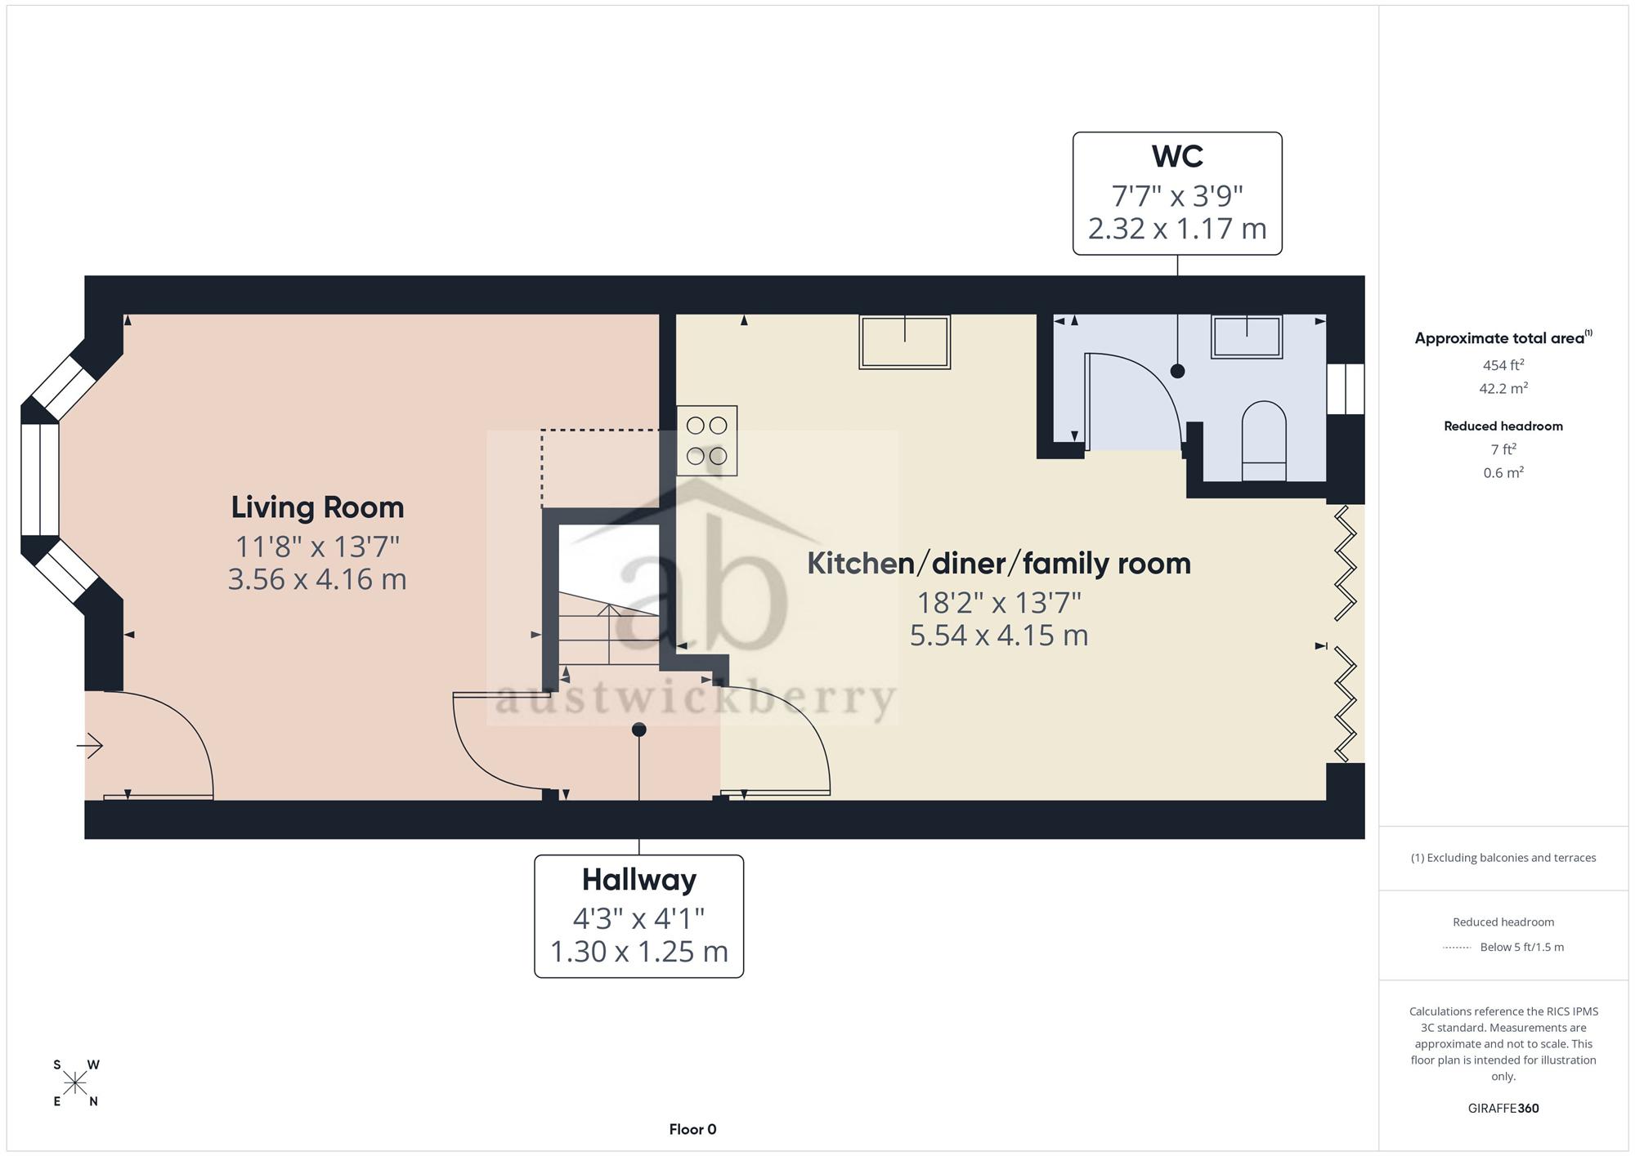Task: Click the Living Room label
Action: tap(317, 507)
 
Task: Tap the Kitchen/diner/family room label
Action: tap(999, 563)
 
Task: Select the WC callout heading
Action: tap(1177, 155)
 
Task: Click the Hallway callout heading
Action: tap(639, 880)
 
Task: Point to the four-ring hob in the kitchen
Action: tap(707, 440)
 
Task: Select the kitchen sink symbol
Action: tap(904, 341)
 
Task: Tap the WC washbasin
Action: tap(1247, 337)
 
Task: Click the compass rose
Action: tap(75, 1083)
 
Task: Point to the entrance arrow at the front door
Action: tap(90, 745)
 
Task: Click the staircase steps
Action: tap(609, 633)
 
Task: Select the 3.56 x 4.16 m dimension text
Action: tap(317, 579)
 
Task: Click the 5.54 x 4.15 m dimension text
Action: tap(999, 636)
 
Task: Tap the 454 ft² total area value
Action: tap(1503, 365)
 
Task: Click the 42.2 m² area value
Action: tap(1503, 388)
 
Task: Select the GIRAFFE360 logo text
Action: tap(1503, 1109)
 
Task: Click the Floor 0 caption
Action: tap(692, 1130)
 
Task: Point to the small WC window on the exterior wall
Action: tap(1345, 389)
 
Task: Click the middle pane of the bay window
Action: tap(40, 480)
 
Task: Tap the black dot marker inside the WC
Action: tap(1177, 371)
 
